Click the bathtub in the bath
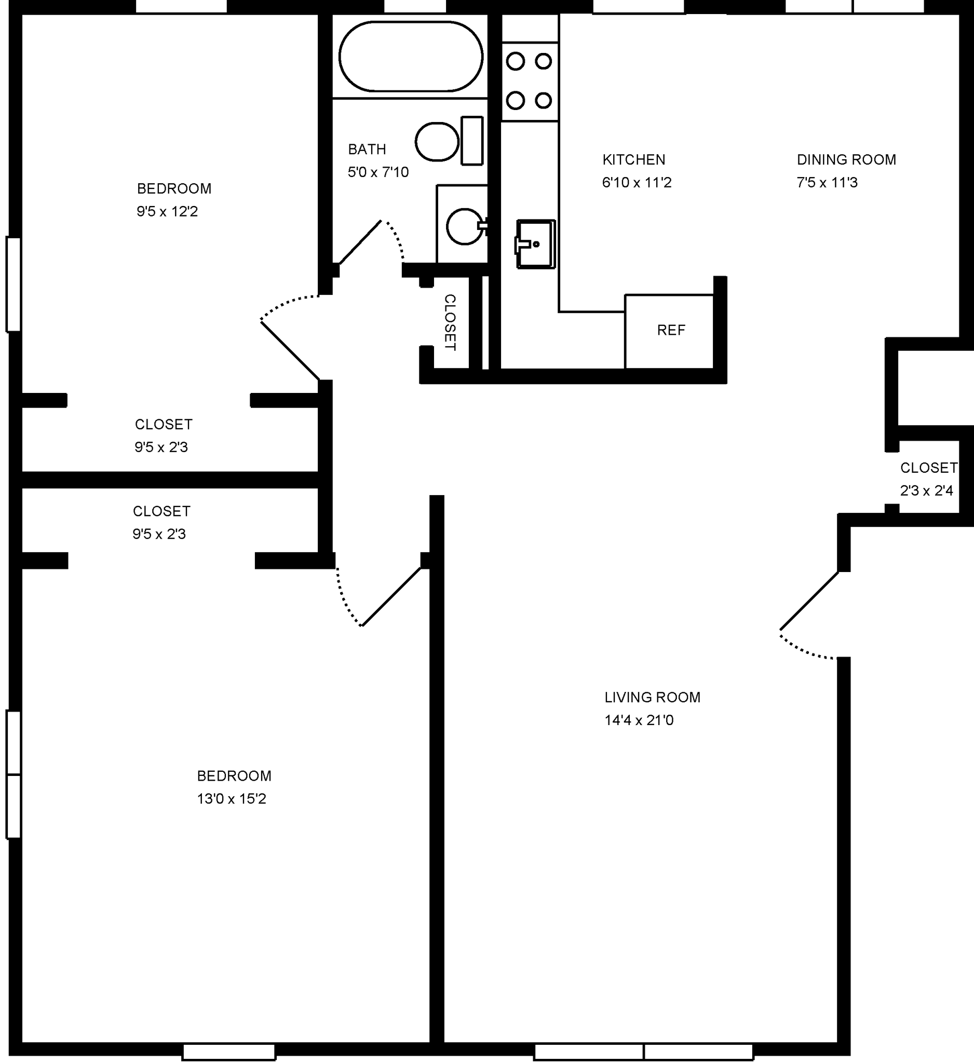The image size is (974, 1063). (410, 56)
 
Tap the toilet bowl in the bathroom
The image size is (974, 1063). (436, 142)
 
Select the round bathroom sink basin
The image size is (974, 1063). (464, 227)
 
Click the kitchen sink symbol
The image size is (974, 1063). (535, 244)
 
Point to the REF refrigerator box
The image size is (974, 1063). (670, 331)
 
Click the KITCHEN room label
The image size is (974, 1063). (633, 159)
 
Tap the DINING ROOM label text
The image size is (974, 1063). (846, 159)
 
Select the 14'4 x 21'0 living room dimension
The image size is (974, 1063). (639, 720)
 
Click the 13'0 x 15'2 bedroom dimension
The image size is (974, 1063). (232, 799)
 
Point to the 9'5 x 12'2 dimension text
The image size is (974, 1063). (167, 211)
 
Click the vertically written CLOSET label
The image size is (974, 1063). (450, 322)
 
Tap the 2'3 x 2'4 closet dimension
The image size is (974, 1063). (926, 491)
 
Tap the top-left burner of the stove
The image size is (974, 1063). (515, 62)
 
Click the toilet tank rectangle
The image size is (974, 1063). (472, 141)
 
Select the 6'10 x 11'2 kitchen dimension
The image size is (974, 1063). (637, 182)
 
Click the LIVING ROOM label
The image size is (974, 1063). (652, 697)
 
